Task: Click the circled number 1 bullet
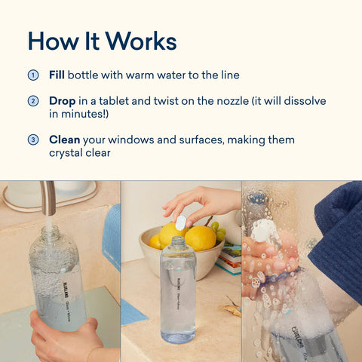click(33, 75)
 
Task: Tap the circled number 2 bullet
click(33, 101)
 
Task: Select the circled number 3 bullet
click(33, 140)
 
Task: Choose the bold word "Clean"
click(65, 140)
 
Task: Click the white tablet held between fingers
click(181, 222)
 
